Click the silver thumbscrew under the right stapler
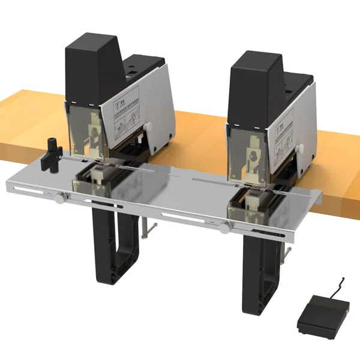226,226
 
